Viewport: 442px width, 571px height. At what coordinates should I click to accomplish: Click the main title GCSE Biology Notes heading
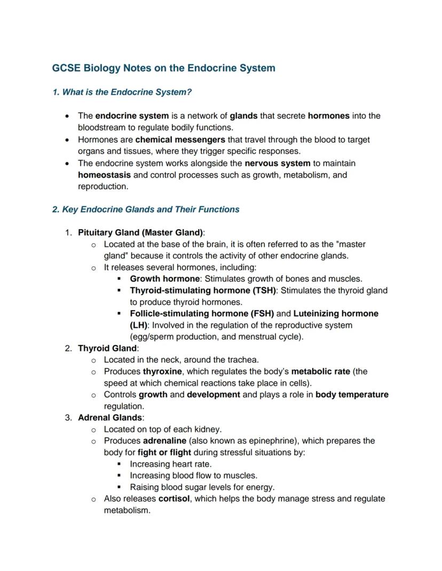163,68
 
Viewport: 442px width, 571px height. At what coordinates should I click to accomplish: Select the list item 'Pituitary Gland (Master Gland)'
140,232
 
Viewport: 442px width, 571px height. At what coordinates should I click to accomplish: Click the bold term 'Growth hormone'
165,279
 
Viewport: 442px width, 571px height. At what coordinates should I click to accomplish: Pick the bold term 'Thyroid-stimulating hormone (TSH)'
203,291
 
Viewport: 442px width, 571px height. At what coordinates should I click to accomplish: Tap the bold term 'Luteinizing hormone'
335,313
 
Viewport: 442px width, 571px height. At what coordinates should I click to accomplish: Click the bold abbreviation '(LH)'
138,325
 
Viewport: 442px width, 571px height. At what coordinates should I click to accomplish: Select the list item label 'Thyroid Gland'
107,349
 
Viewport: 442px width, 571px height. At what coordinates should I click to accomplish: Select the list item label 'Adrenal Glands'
110,417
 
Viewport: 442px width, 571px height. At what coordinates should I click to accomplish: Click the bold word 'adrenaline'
164,441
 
